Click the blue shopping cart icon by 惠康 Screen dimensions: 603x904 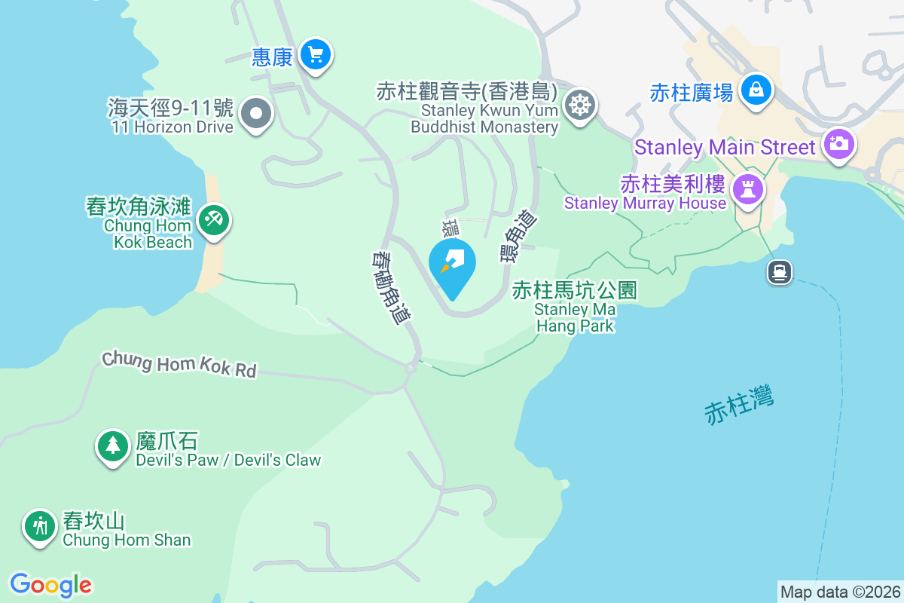(x=316, y=54)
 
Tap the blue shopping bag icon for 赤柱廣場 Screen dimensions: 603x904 (x=754, y=90)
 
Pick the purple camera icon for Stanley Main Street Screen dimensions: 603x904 (x=838, y=143)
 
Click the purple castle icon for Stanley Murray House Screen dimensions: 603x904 (x=748, y=188)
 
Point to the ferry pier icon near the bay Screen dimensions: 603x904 (x=780, y=271)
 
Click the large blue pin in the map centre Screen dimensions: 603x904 (x=453, y=265)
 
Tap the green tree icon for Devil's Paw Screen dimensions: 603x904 (x=113, y=445)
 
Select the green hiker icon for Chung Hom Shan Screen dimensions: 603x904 (x=39, y=525)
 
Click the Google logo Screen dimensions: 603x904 (x=51, y=584)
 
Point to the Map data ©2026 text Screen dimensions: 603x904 (x=840, y=592)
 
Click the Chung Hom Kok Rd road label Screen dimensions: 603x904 (x=179, y=363)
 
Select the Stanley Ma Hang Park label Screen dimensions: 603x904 (x=576, y=308)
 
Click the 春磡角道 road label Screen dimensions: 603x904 (x=391, y=287)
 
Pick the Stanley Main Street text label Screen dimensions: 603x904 (x=725, y=147)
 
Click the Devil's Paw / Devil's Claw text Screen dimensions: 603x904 (x=228, y=460)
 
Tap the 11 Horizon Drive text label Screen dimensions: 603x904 (x=172, y=127)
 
